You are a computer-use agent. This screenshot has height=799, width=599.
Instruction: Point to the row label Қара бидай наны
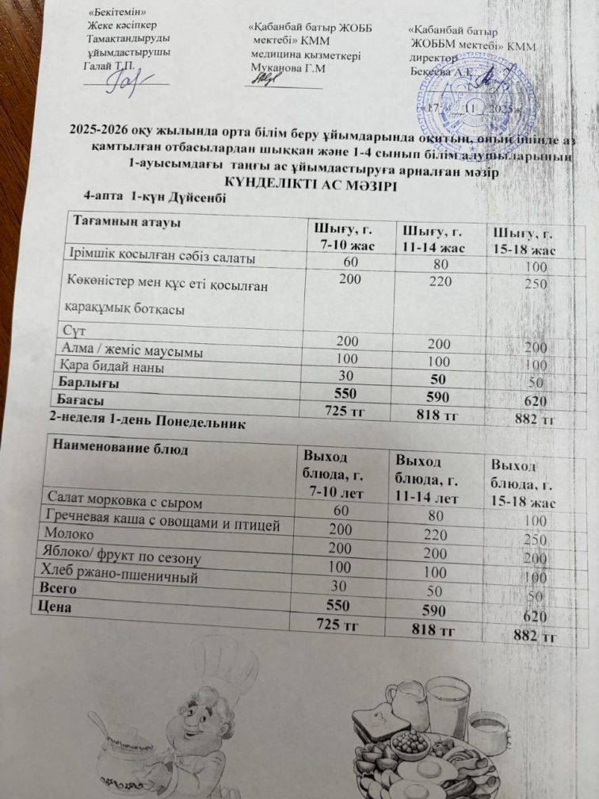tap(114, 367)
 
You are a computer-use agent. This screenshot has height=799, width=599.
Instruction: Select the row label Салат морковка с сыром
tap(124, 503)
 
